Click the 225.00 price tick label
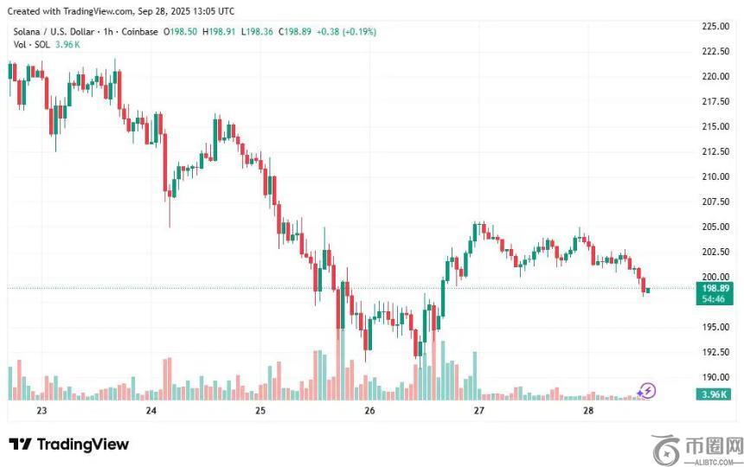tap(715, 26)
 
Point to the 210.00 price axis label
tap(715, 176)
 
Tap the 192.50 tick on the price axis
tap(715, 352)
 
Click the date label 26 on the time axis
tap(369, 411)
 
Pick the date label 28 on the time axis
tap(588, 411)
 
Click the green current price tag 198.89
tap(715, 287)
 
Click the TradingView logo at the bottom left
tap(69, 445)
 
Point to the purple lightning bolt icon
tap(646, 391)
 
